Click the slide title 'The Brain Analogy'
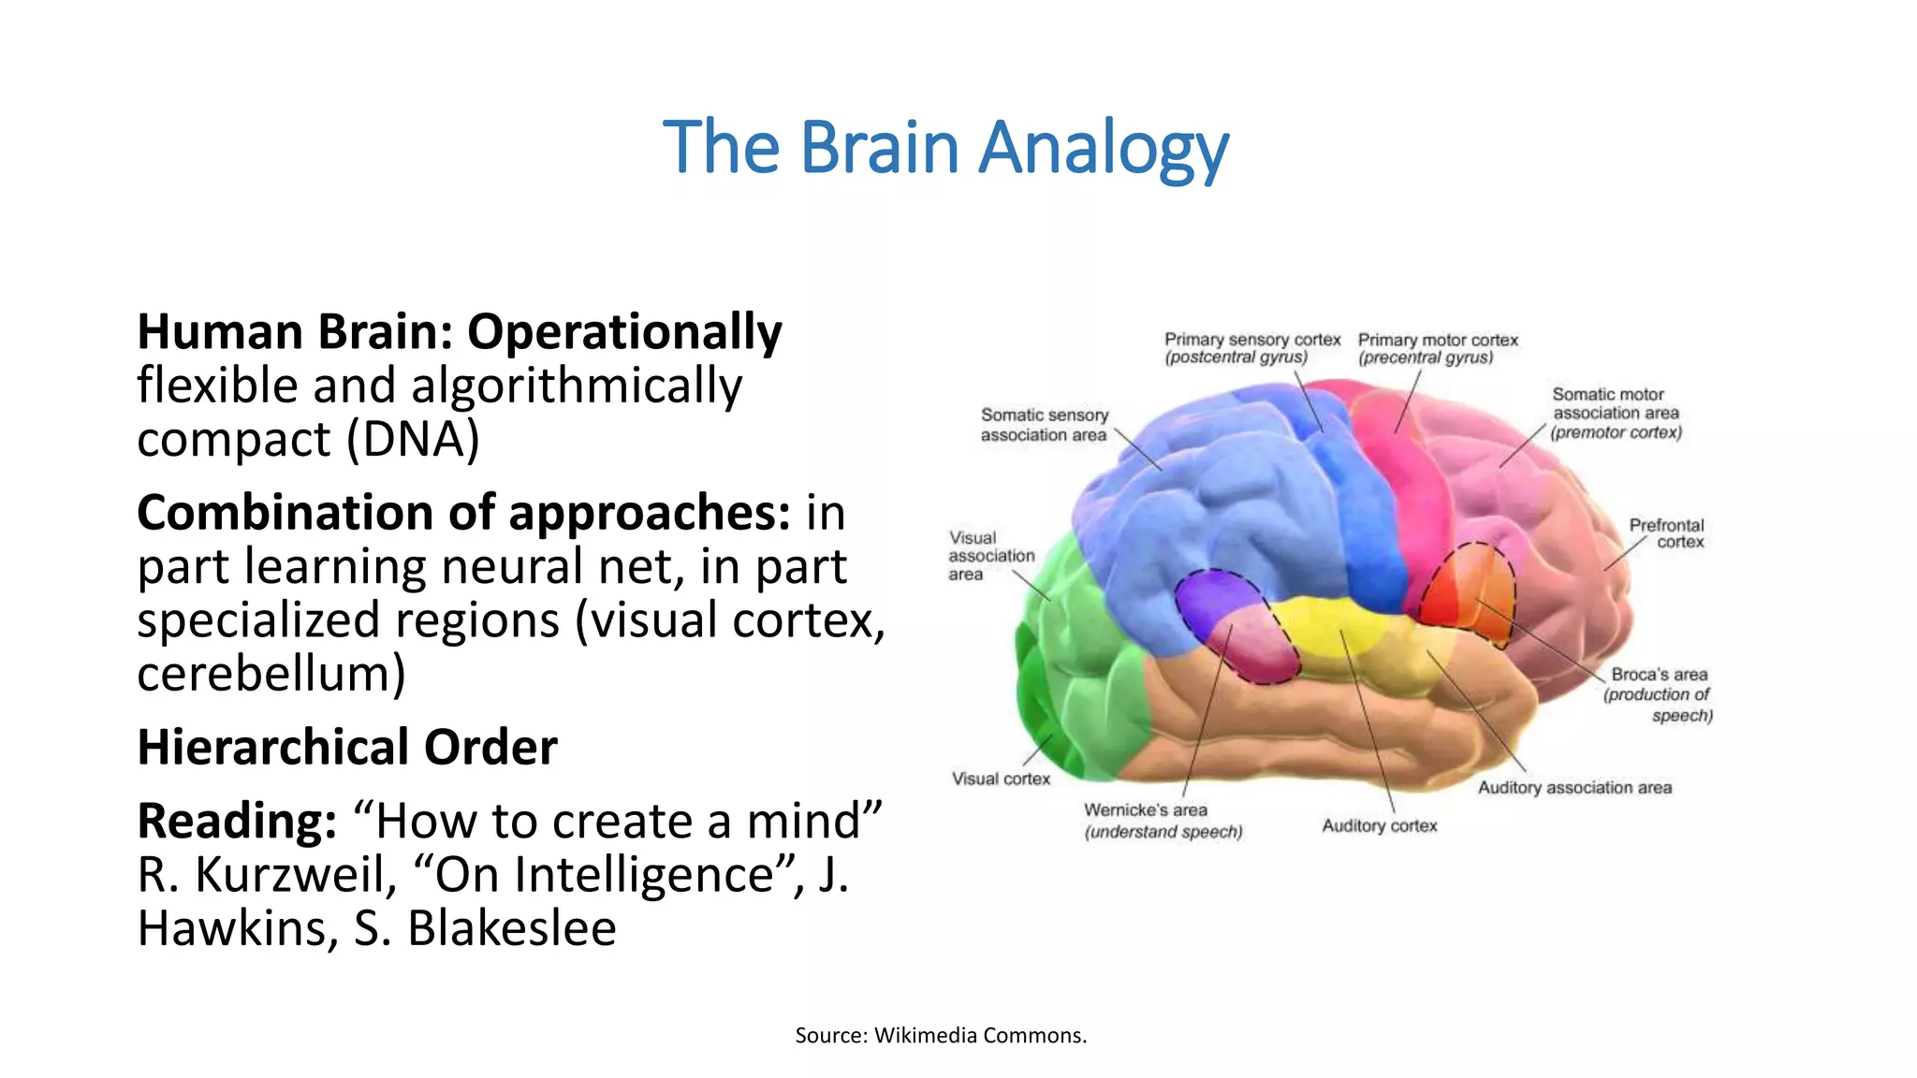(945, 148)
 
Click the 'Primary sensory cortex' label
(1251, 348)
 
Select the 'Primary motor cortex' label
(1437, 348)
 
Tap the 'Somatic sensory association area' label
(1044, 425)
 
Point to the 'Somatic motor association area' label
(1616, 414)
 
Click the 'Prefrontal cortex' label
(1667, 533)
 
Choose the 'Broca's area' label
(1659, 694)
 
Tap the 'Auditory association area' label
(1574, 788)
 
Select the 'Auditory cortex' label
(1379, 825)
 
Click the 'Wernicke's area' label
(1163, 821)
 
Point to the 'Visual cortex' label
(1001, 779)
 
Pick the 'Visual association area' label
(990, 556)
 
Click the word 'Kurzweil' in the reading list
(294, 876)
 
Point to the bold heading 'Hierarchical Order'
(347, 748)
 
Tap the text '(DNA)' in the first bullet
(413, 439)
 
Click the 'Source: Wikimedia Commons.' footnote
(941, 1035)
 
